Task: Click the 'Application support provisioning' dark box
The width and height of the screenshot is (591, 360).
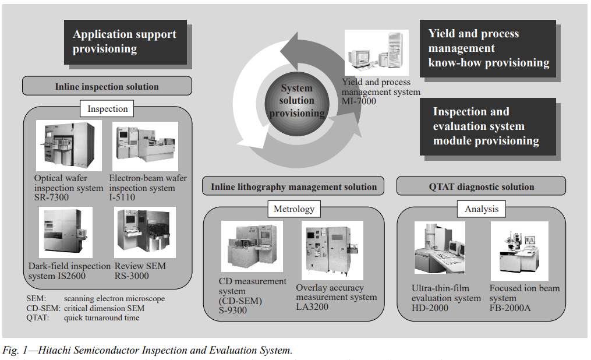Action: (x=126, y=42)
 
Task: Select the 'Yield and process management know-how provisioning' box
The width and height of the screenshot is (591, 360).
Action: (x=488, y=48)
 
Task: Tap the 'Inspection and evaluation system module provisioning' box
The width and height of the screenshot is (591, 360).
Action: (x=488, y=126)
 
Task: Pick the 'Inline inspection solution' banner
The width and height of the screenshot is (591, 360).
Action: (x=107, y=86)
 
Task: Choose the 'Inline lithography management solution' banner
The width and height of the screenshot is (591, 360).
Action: (x=293, y=186)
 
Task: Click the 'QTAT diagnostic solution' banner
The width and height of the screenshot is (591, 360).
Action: (x=482, y=186)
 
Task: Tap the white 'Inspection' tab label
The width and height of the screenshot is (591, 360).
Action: (x=107, y=108)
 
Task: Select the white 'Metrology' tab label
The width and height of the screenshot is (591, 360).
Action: (x=294, y=209)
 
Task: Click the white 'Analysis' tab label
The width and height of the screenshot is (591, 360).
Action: (x=482, y=209)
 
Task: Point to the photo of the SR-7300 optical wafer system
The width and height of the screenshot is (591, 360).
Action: (x=69, y=146)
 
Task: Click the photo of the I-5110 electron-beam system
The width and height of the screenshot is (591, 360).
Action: (x=145, y=146)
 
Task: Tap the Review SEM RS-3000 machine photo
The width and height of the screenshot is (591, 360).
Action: (x=145, y=232)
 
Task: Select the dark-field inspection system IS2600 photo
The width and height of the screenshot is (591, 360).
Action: (x=66, y=232)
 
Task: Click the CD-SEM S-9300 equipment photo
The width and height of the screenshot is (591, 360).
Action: (x=252, y=246)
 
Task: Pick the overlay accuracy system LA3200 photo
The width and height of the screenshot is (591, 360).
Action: (x=332, y=250)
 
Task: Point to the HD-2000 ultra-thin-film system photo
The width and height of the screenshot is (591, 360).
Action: (x=440, y=248)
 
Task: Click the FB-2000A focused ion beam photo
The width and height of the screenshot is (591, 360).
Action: (x=519, y=251)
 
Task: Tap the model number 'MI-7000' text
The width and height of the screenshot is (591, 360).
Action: (x=359, y=101)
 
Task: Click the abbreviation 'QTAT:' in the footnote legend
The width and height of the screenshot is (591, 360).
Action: (x=38, y=318)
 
